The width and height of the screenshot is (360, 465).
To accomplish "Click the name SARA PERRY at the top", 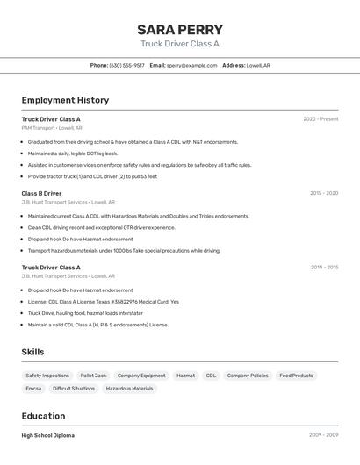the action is (x=180, y=29).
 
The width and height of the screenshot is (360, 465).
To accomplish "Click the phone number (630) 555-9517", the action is (x=127, y=65).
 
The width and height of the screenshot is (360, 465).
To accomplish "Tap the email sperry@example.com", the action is (x=191, y=65).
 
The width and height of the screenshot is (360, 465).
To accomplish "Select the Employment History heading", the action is (x=65, y=100).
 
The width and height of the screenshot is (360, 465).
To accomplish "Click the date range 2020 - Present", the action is (x=320, y=119).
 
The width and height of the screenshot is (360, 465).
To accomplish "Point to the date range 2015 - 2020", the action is (x=324, y=193).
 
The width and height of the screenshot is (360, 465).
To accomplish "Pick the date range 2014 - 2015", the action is (x=324, y=268).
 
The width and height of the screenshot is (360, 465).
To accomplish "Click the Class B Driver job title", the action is (x=41, y=193).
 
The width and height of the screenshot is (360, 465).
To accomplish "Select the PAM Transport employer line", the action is (x=52, y=128).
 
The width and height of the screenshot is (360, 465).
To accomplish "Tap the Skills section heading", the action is (x=32, y=352).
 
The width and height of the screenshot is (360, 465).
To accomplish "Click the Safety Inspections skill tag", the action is (x=47, y=376).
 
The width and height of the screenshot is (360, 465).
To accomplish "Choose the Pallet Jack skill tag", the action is (x=93, y=376).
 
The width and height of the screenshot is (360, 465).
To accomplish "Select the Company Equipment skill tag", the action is (x=141, y=376).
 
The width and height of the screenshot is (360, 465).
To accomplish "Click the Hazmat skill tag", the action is (x=185, y=376).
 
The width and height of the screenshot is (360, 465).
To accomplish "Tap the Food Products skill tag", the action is (x=296, y=376).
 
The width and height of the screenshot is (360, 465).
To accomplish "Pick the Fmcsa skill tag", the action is (x=33, y=388).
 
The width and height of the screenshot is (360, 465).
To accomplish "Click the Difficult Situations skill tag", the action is (x=74, y=388).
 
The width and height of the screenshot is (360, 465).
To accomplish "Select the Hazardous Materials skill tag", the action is (x=129, y=388).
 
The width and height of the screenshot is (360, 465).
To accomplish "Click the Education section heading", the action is (x=43, y=416).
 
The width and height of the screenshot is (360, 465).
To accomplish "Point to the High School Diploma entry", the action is (x=48, y=435).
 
